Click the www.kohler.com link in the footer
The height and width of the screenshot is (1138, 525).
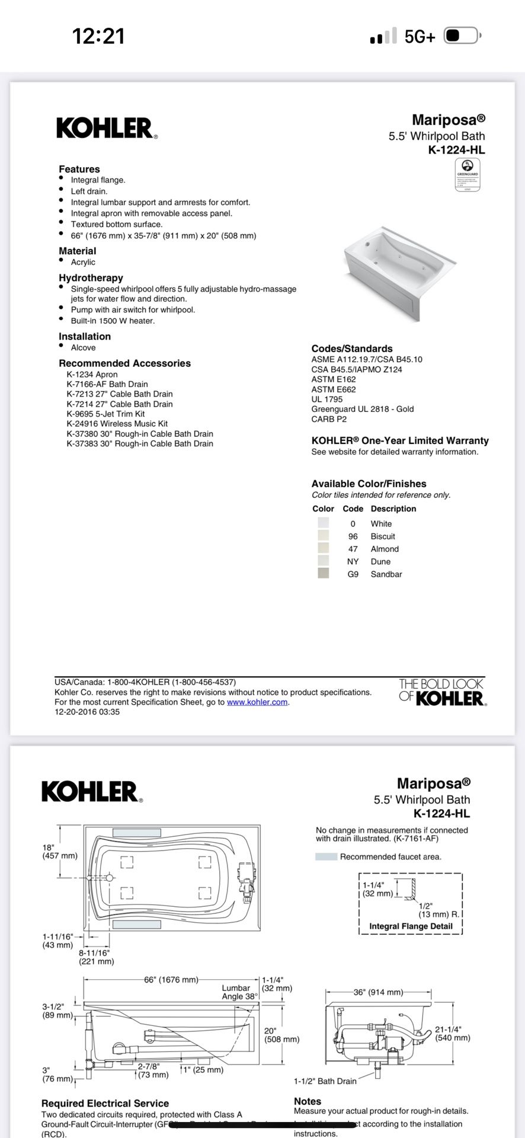[257, 702]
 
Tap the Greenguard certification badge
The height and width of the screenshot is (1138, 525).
[467, 175]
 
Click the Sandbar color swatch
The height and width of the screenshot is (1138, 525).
[323, 574]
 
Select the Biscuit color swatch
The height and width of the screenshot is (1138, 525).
[323, 536]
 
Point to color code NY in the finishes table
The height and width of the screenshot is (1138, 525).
[353, 561]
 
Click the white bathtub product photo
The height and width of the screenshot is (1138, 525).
[401, 273]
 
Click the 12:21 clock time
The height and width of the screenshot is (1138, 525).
[98, 36]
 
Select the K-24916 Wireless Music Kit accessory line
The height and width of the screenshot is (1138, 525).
[117, 424]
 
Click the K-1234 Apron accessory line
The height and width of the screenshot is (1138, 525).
[92, 374]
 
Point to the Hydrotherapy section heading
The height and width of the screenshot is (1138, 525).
[91, 277]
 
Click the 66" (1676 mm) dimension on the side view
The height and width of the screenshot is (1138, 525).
[171, 980]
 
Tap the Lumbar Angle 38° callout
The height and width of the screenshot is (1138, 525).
[240, 992]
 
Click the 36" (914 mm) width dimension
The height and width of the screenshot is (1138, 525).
[378, 992]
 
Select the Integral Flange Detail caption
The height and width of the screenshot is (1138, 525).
[411, 926]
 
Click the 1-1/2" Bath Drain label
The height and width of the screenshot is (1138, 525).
[325, 1081]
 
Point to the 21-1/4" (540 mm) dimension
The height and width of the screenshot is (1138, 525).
[453, 1034]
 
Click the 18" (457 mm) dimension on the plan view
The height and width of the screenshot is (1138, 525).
[59, 852]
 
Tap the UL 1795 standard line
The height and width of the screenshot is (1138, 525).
[327, 399]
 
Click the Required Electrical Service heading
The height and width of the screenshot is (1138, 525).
[105, 1103]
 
